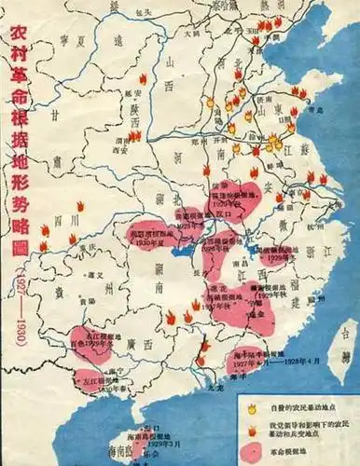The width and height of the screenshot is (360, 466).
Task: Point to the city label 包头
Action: tap(143, 12)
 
